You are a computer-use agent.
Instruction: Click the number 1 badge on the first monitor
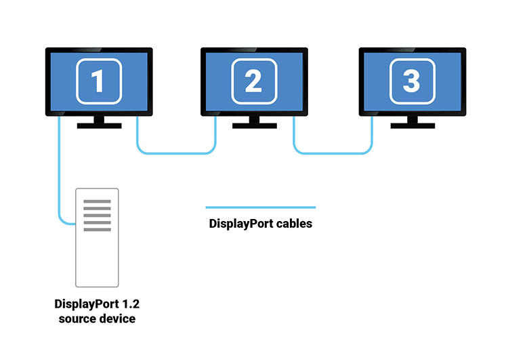point(99,81)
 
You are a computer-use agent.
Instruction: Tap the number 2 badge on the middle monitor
point(254,81)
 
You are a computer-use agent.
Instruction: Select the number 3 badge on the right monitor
point(411,81)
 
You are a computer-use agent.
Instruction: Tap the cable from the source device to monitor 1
point(60,176)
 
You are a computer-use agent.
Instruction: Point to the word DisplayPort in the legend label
point(240,223)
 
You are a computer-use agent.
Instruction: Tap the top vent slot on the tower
point(97,201)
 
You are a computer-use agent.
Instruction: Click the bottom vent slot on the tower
point(97,230)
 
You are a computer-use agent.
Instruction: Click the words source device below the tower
point(96,318)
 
